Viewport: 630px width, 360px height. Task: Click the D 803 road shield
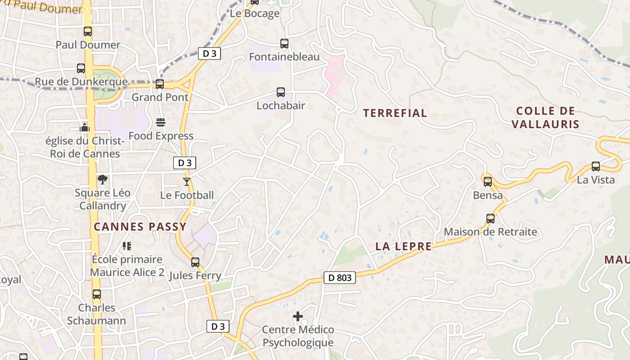(340, 278)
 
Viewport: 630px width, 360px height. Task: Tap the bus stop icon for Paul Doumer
(88, 31)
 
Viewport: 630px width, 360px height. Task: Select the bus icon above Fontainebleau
(284, 44)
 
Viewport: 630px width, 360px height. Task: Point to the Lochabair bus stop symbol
(281, 92)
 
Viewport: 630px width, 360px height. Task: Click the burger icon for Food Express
(161, 122)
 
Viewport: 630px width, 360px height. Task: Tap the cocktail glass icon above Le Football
(187, 181)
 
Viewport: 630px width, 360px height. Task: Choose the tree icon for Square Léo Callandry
(103, 180)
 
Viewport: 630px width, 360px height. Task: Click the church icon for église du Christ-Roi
(85, 127)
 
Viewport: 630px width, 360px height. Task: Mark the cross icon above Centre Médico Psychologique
(298, 316)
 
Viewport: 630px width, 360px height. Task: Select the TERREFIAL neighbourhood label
(395, 113)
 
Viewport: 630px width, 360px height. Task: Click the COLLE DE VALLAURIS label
(545, 117)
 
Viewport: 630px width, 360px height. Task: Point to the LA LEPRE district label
(404, 246)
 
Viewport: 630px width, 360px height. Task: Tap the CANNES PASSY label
(140, 227)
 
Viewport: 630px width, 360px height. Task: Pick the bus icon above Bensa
(488, 182)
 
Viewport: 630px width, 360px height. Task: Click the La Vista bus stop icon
(596, 166)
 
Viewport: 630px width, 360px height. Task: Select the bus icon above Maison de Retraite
(490, 219)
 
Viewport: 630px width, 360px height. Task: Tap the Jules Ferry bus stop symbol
(195, 262)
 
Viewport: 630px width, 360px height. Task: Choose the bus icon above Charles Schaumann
(97, 294)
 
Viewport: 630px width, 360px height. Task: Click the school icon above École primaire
(127, 246)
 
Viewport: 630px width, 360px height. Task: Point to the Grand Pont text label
(160, 97)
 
